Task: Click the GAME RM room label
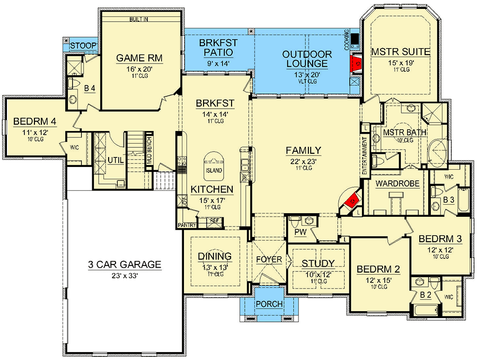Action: point(139,58)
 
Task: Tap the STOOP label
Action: point(83,46)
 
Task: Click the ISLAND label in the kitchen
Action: point(214,170)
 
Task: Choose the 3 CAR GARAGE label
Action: point(125,265)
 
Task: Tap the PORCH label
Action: point(269,304)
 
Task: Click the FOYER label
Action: point(269,260)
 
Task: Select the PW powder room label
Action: point(301,232)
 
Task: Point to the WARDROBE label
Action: point(397,183)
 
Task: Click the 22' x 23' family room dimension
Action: point(303,161)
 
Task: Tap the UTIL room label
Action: point(116,160)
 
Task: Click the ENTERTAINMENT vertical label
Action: point(365,156)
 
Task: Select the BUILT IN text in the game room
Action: point(139,19)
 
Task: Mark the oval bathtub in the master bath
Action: point(437,153)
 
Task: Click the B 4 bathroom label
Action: point(90,88)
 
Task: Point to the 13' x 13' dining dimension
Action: point(215,268)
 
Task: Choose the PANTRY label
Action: point(187,225)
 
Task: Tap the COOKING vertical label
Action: point(347,40)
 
